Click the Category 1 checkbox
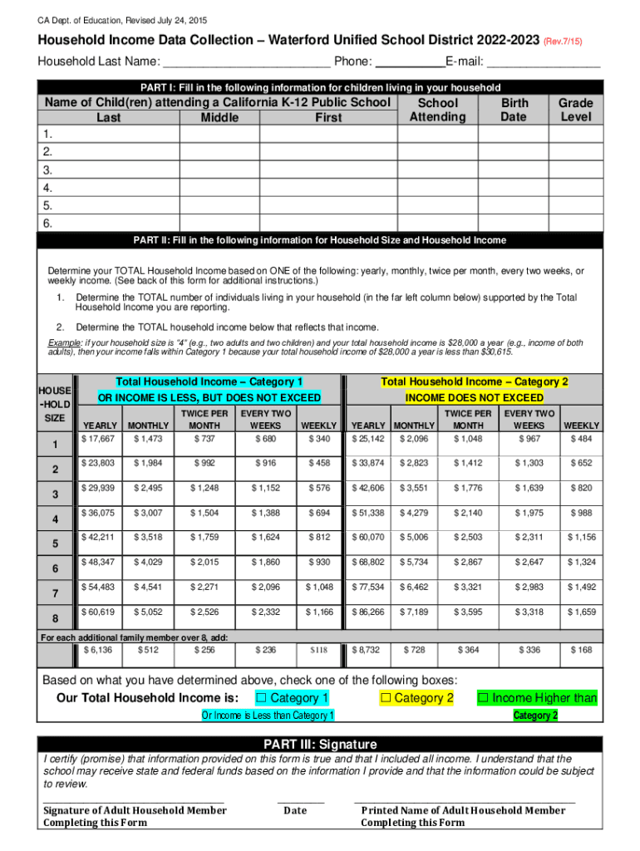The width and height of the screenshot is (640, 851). tap(262, 698)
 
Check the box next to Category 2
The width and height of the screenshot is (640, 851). tap(386, 698)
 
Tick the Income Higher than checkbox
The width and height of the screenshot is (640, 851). tap(483, 698)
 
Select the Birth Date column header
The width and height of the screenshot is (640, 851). tap(514, 110)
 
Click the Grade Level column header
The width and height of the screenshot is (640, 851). tap(575, 110)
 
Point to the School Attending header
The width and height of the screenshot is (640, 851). tap(437, 110)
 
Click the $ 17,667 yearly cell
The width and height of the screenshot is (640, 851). tap(98, 439)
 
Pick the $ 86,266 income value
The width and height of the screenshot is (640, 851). tap(368, 612)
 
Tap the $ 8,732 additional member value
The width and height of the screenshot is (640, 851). tap(368, 649)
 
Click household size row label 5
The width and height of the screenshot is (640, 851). tap(55, 544)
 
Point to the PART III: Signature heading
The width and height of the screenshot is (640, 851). tap(320, 744)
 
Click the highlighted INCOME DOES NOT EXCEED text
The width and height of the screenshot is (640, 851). tap(474, 398)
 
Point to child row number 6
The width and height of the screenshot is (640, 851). tap(48, 224)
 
